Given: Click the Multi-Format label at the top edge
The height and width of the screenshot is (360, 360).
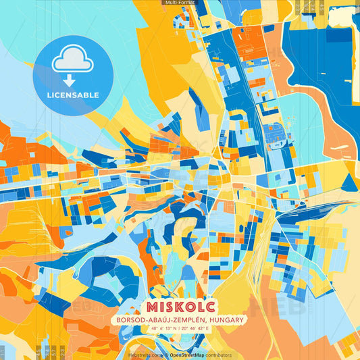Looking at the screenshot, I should pyautogui.click(x=179, y=3).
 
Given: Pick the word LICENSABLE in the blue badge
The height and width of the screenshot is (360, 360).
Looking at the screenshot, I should pyautogui.click(x=74, y=95).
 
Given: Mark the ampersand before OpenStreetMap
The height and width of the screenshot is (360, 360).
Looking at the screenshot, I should pyautogui.click(x=165, y=355).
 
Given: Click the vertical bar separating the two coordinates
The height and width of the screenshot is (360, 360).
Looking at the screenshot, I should pyautogui.click(x=180, y=329).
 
